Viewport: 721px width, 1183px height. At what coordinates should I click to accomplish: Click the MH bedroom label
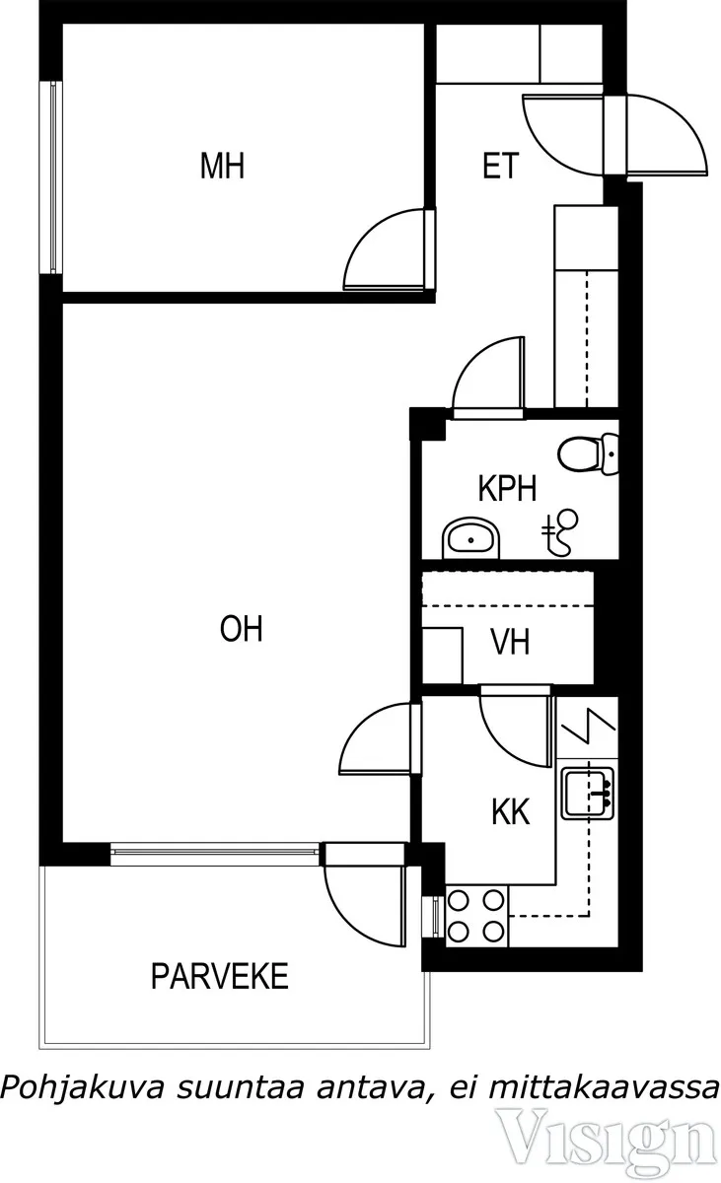(222, 166)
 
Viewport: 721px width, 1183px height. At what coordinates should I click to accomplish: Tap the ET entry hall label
(501, 166)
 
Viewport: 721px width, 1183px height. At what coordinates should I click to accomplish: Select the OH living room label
(242, 629)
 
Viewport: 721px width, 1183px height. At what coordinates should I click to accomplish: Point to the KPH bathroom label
(508, 489)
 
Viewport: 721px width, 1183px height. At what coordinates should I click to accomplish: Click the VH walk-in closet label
(510, 642)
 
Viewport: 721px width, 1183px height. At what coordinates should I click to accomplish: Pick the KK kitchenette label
(511, 811)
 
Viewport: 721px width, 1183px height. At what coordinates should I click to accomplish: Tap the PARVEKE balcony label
(220, 977)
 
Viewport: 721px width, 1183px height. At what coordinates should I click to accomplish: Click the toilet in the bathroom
(589, 453)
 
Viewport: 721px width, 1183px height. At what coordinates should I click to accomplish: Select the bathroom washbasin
(470, 538)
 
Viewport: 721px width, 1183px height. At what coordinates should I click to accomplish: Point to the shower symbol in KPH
(560, 532)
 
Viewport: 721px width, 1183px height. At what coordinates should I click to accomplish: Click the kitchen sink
(588, 794)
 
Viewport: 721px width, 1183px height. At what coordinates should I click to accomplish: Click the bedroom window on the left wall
(53, 177)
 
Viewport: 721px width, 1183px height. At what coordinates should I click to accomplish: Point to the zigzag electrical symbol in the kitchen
(589, 726)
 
